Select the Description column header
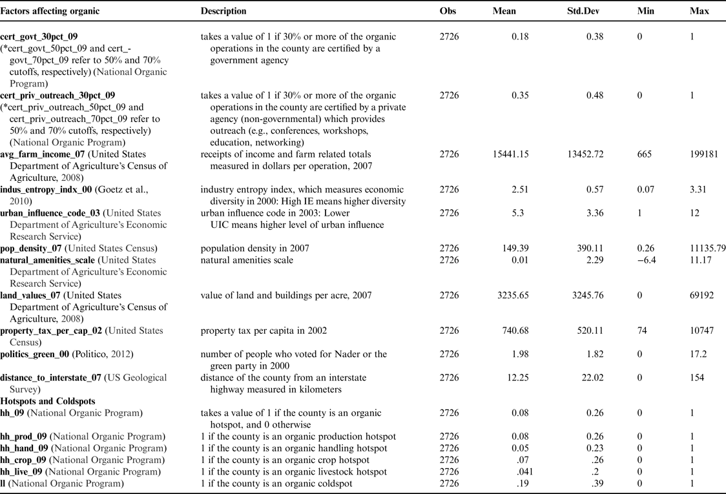pos(223,12)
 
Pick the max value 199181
pos(705,154)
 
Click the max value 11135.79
pos(708,249)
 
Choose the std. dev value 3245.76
pos(585,295)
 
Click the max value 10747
pos(702,331)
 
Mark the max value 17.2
pos(697,354)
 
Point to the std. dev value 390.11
pos(590,249)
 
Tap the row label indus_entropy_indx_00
pos(46,190)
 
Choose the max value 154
pos(697,378)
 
